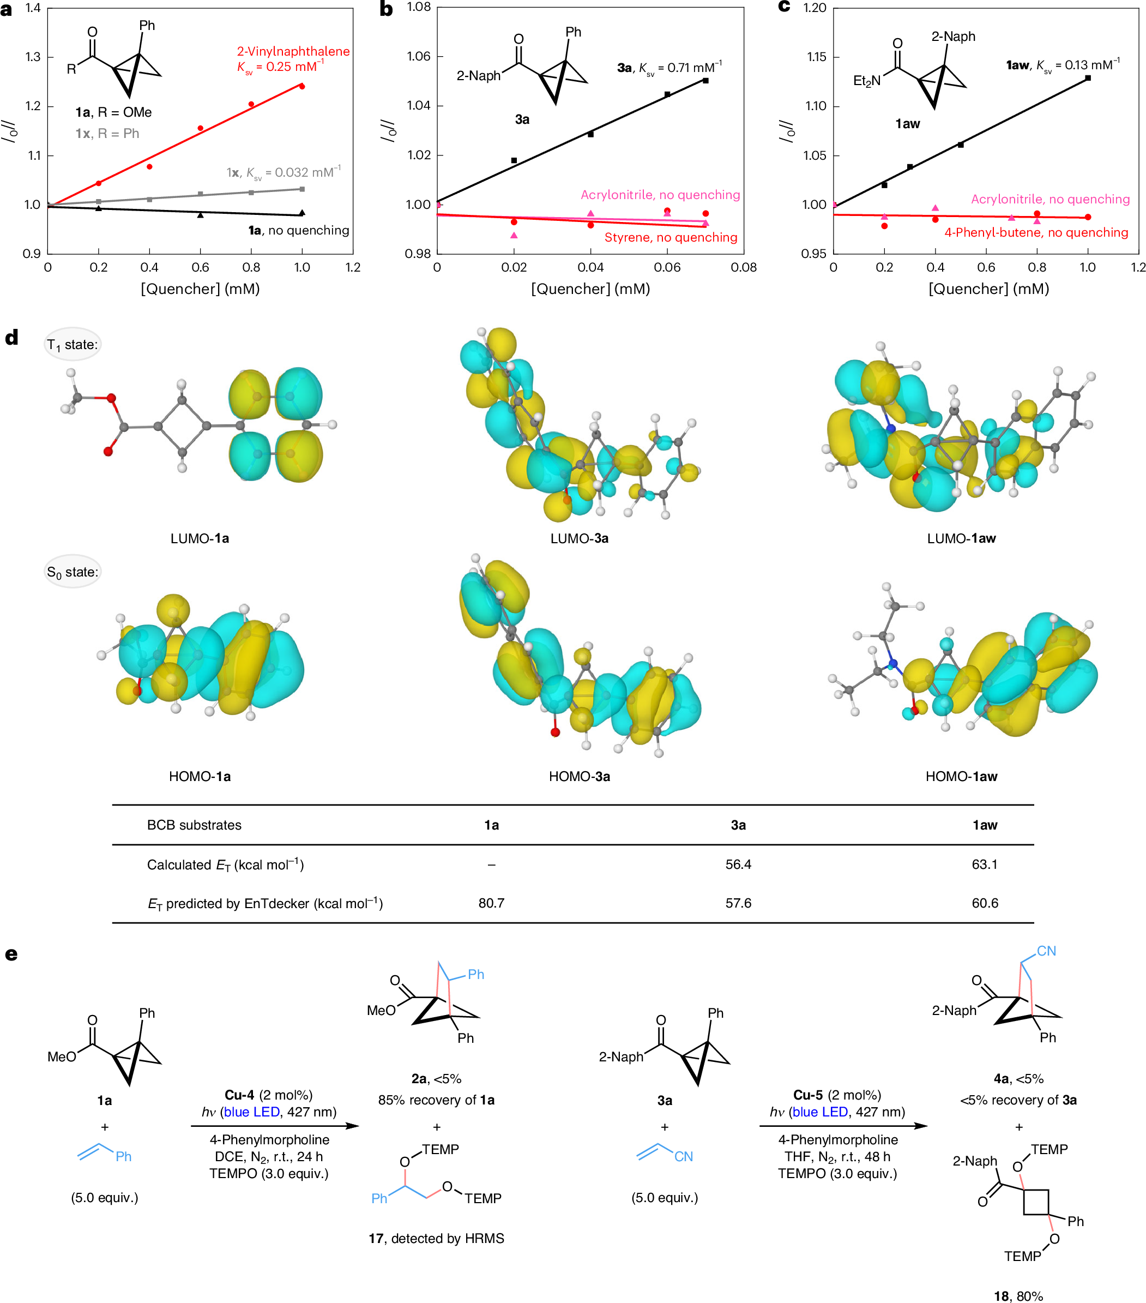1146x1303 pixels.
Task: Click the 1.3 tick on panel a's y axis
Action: click(x=33, y=57)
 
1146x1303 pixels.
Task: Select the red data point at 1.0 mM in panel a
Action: click(x=302, y=87)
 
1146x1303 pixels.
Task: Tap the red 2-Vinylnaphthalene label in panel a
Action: click(x=293, y=52)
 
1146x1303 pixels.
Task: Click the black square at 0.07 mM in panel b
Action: click(x=705, y=81)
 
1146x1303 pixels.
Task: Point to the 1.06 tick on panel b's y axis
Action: click(x=419, y=57)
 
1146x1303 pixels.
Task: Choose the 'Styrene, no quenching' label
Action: click(x=671, y=238)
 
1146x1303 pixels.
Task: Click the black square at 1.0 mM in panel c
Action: click(x=1088, y=79)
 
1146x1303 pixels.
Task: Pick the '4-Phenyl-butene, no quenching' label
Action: click(x=1036, y=233)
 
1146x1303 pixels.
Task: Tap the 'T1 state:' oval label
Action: click(x=73, y=345)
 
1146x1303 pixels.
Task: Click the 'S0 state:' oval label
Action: click(x=73, y=572)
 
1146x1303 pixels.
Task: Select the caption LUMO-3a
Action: click(x=580, y=539)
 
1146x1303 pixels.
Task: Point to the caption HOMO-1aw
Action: click(x=961, y=777)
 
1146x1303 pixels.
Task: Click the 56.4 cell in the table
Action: click(x=738, y=864)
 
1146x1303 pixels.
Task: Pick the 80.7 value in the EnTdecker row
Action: click(x=491, y=903)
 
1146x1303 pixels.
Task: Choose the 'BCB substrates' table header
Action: click(x=195, y=825)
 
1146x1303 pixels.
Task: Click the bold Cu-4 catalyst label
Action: click(x=239, y=1095)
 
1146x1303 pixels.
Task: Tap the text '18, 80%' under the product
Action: click(x=1018, y=1296)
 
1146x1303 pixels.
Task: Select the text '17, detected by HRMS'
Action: click(x=436, y=1239)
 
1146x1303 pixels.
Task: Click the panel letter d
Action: click(x=11, y=337)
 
